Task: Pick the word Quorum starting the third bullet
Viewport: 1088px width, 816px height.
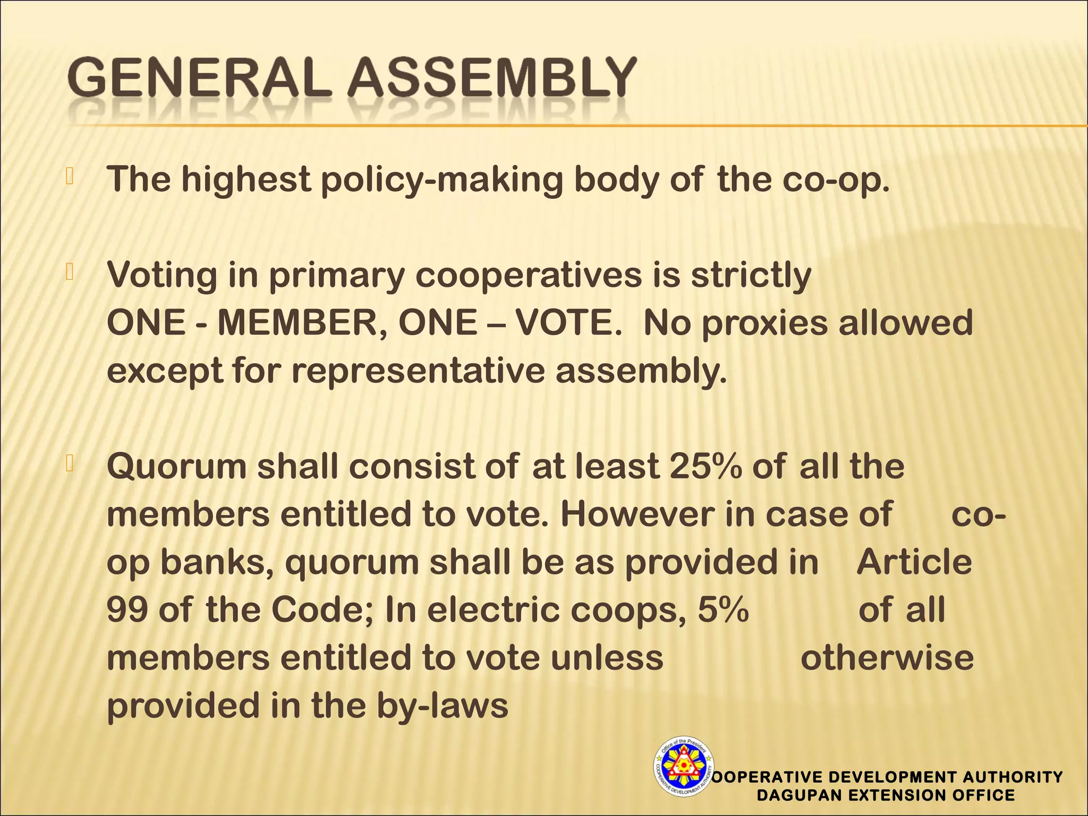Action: click(x=176, y=467)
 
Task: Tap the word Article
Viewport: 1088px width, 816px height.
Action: click(x=914, y=562)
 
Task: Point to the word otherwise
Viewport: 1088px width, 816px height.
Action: click(x=887, y=658)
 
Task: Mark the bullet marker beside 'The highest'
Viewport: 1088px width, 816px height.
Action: click(x=69, y=176)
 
